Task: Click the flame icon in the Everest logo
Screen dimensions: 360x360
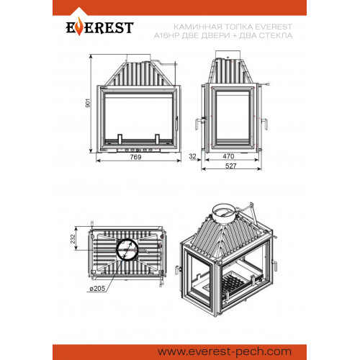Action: pyautogui.click(x=79, y=28)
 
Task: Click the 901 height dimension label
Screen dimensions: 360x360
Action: pyautogui.click(x=89, y=103)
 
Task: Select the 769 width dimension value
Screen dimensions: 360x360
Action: pyautogui.click(x=135, y=157)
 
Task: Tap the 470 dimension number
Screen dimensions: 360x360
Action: pyautogui.click(x=228, y=156)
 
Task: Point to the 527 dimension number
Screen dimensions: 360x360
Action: pyautogui.click(x=231, y=166)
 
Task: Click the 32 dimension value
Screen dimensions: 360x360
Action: pyautogui.click(x=192, y=156)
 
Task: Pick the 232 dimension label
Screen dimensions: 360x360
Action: pyautogui.click(x=73, y=239)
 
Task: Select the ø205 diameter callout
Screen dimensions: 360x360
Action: pyautogui.click(x=97, y=288)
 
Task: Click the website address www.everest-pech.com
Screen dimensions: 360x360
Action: pyautogui.click(x=225, y=352)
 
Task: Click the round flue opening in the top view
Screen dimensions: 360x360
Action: pyautogui.click(x=127, y=249)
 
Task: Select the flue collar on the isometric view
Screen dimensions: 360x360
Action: pyautogui.click(x=225, y=214)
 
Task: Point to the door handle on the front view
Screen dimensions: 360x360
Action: pyautogui.click(x=177, y=124)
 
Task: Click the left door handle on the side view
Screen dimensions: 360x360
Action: pyautogui.click(x=199, y=123)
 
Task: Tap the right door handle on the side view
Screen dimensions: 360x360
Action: pyautogui.click(x=265, y=123)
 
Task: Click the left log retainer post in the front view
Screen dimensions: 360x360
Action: pyautogui.click(x=120, y=139)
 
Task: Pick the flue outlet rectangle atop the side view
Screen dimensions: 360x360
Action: pyautogui.click(x=228, y=55)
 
